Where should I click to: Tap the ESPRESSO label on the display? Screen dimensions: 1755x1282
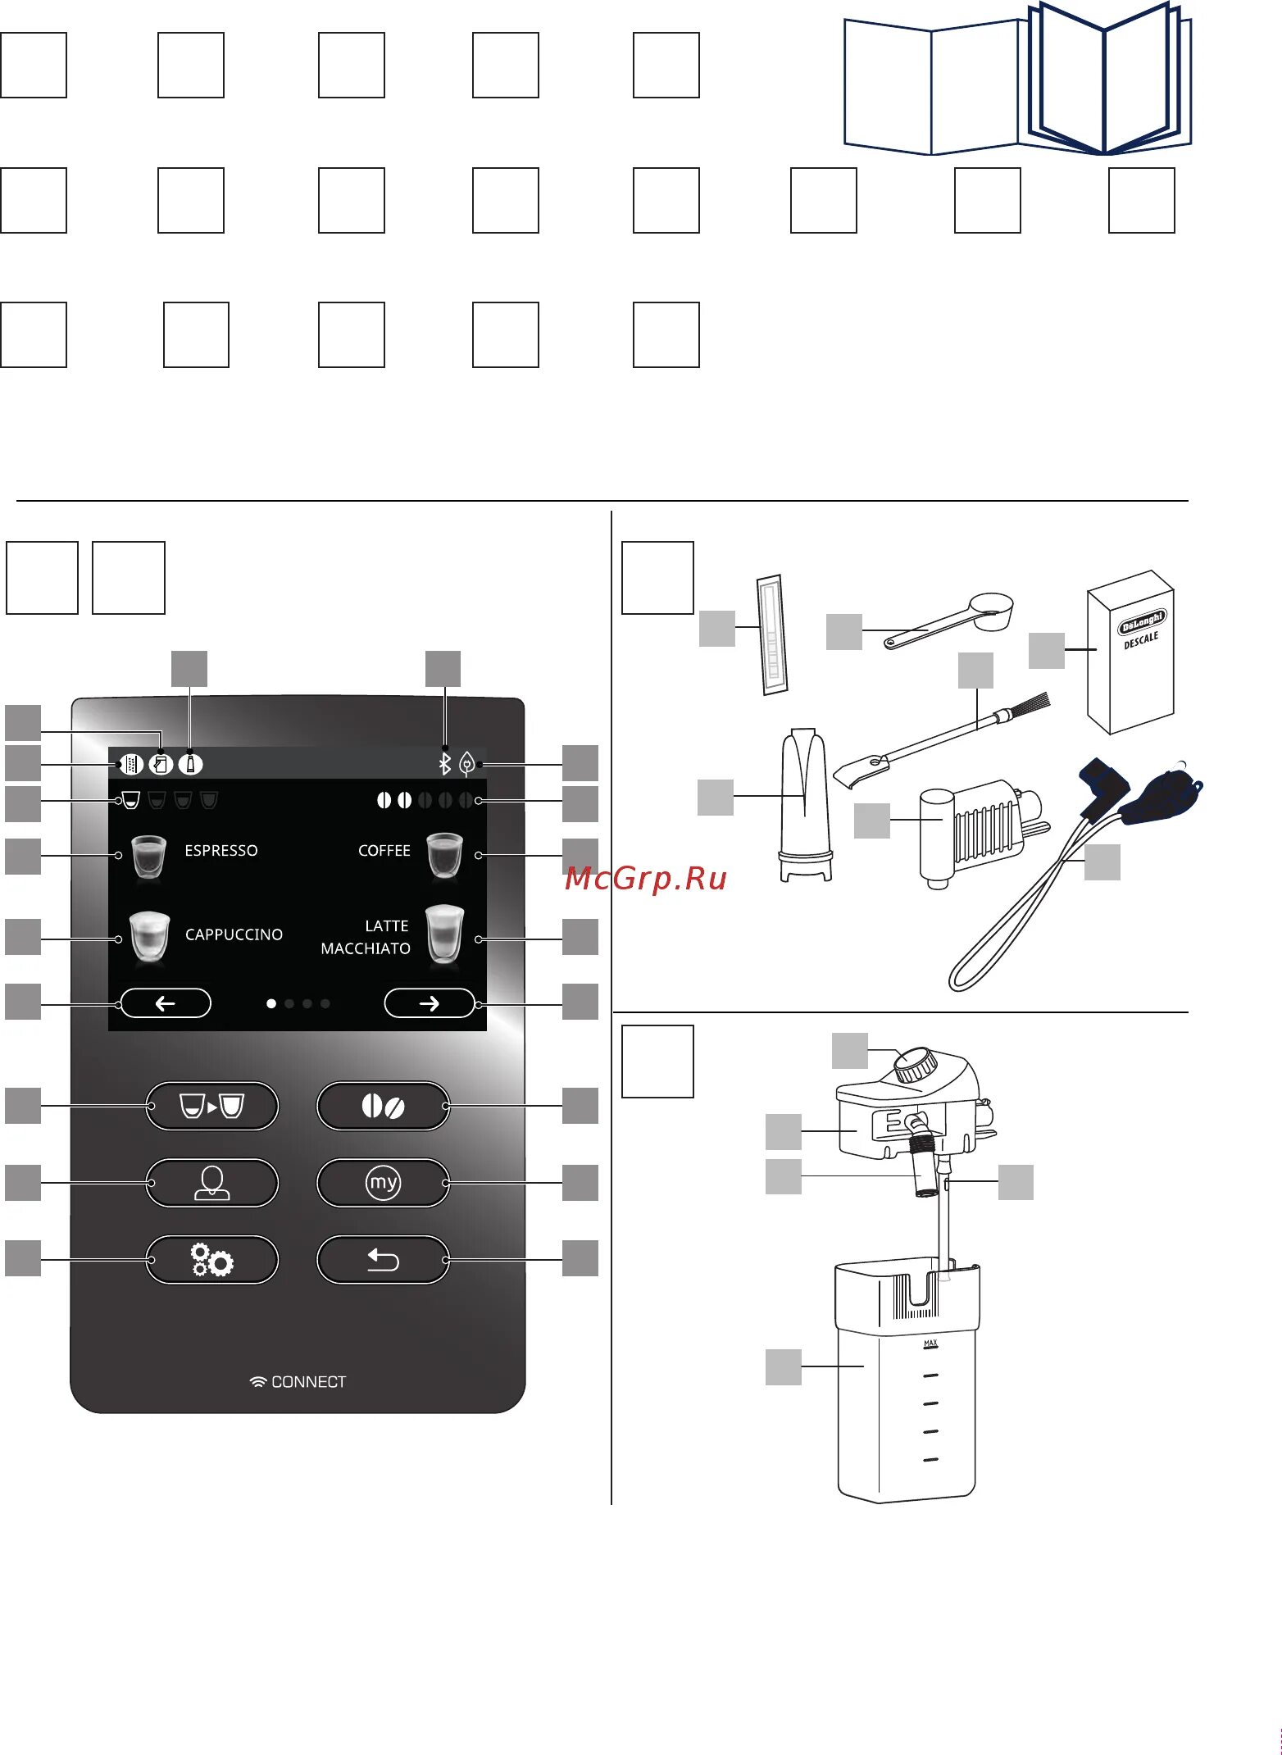pyautogui.click(x=221, y=851)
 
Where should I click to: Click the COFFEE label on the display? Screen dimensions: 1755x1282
pyautogui.click(x=384, y=851)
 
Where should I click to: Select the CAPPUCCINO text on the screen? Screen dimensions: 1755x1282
pyautogui.click(x=234, y=934)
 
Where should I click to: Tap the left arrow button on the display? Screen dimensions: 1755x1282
pyautogui.click(x=166, y=1003)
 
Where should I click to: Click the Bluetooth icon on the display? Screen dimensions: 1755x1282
pyautogui.click(x=444, y=765)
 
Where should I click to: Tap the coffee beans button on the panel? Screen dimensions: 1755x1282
pyautogui.click(x=383, y=1107)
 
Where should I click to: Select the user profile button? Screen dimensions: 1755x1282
pyautogui.click(x=212, y=1183)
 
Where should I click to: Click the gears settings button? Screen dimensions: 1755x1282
pyautogui.click(x=212, y=1259)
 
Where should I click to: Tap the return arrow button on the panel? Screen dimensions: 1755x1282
pyautogui.click(x=383, y=1259)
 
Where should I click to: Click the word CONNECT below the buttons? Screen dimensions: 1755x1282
pyautogui.click(x=308, y=1382)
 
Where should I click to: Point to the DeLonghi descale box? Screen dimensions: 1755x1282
pyautogui.click(x=1131, y=652)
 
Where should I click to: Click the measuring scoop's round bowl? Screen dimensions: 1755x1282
pyautogui.click(x=992, y=612)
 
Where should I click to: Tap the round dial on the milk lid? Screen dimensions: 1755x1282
pyautogui.click(x=915, y=1065)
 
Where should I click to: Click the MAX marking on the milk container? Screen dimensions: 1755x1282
pyautogui.click(x=930, y=1344)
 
